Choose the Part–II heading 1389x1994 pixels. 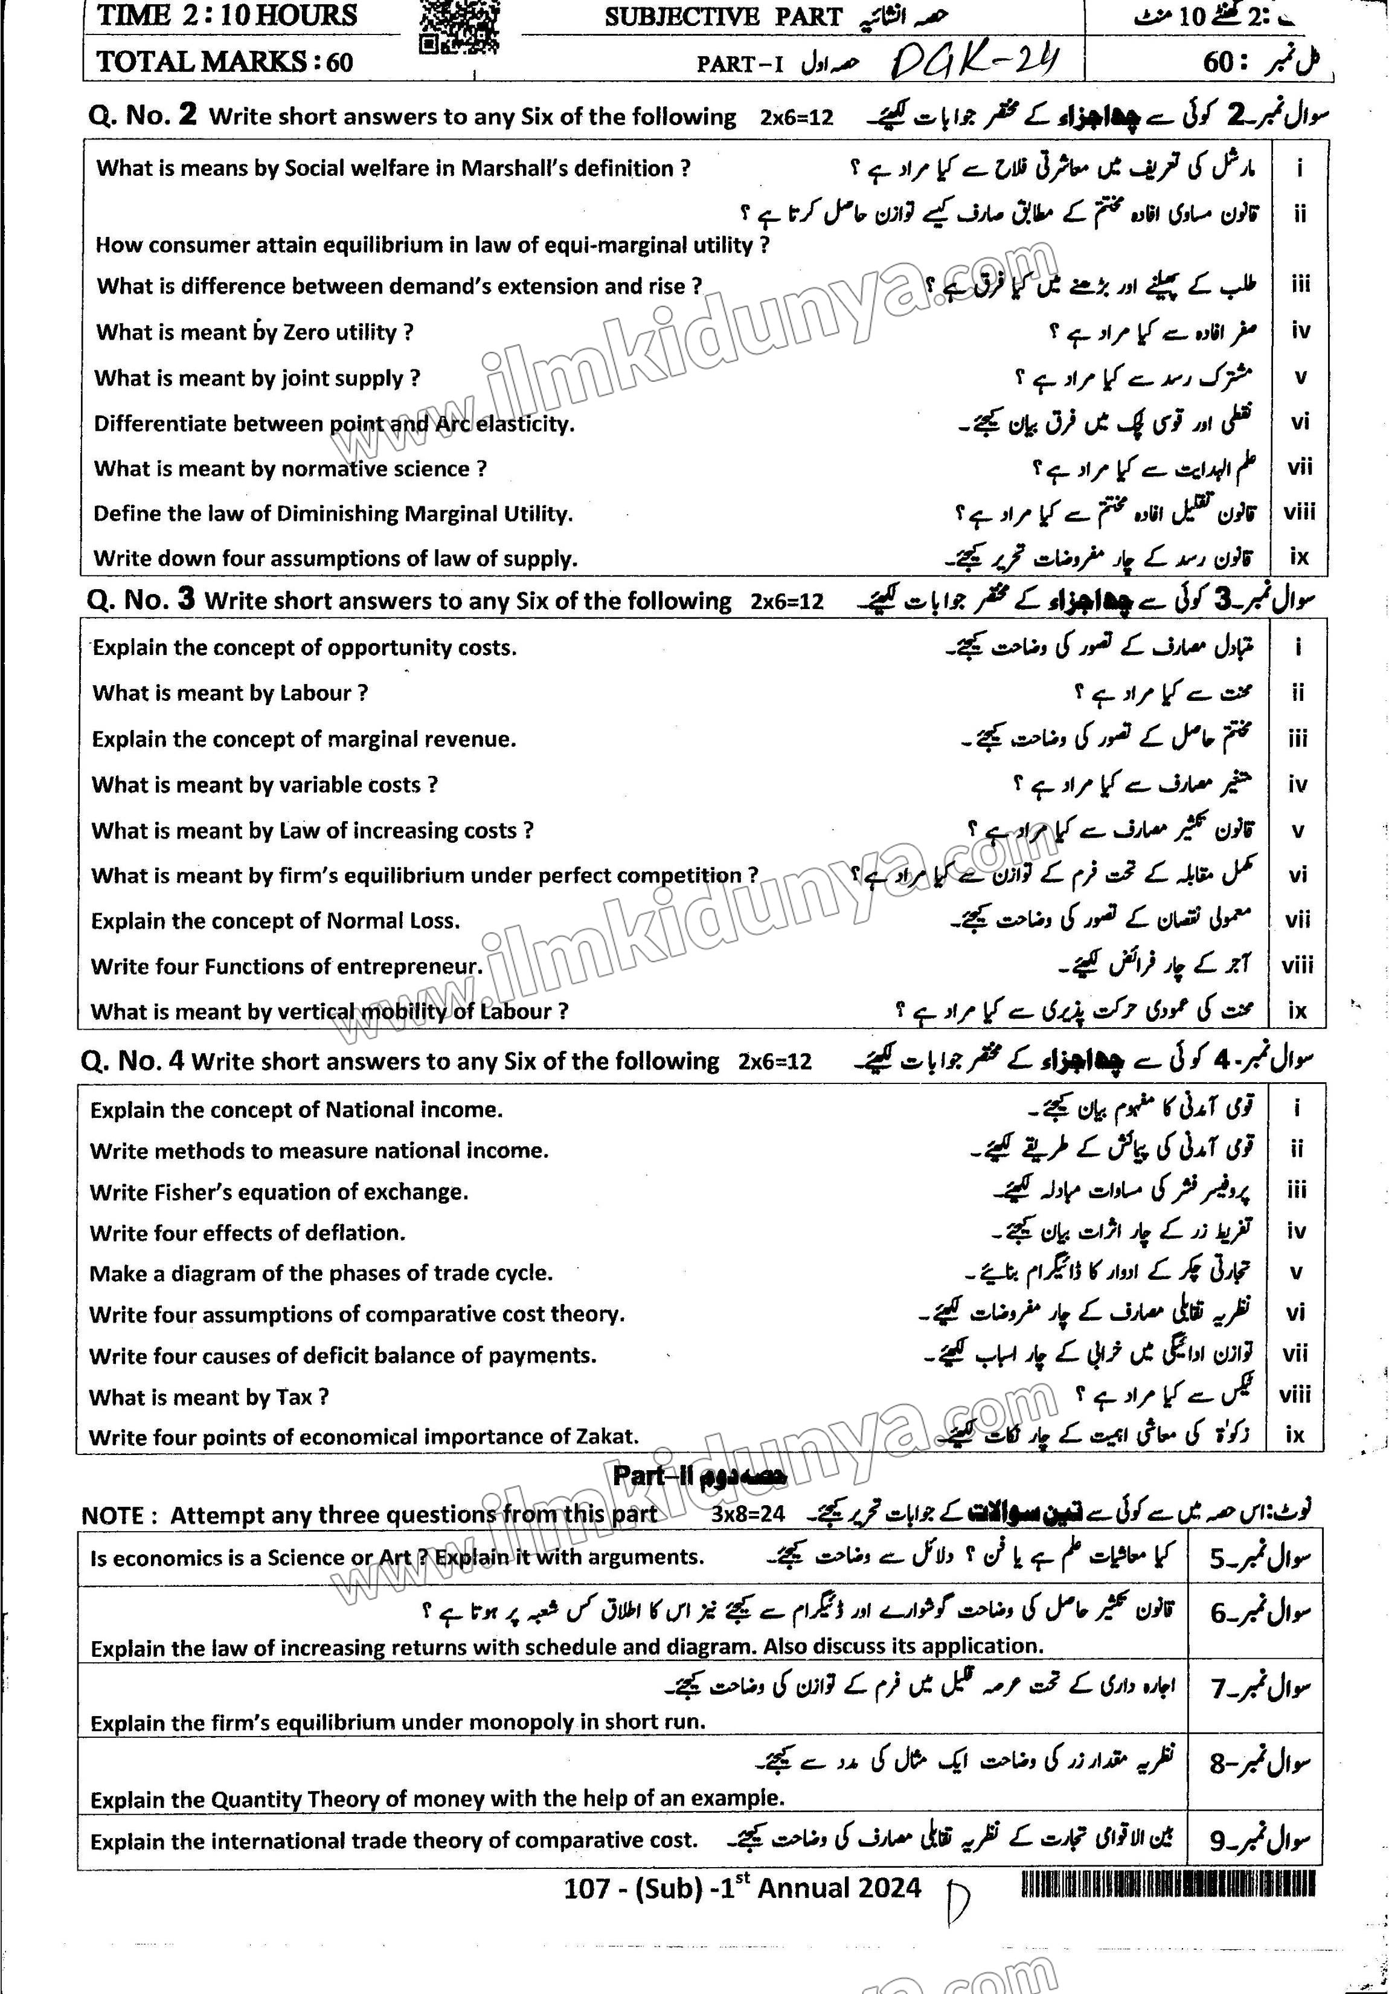point(699,1476)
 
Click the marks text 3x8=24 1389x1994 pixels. point(748,1515)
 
